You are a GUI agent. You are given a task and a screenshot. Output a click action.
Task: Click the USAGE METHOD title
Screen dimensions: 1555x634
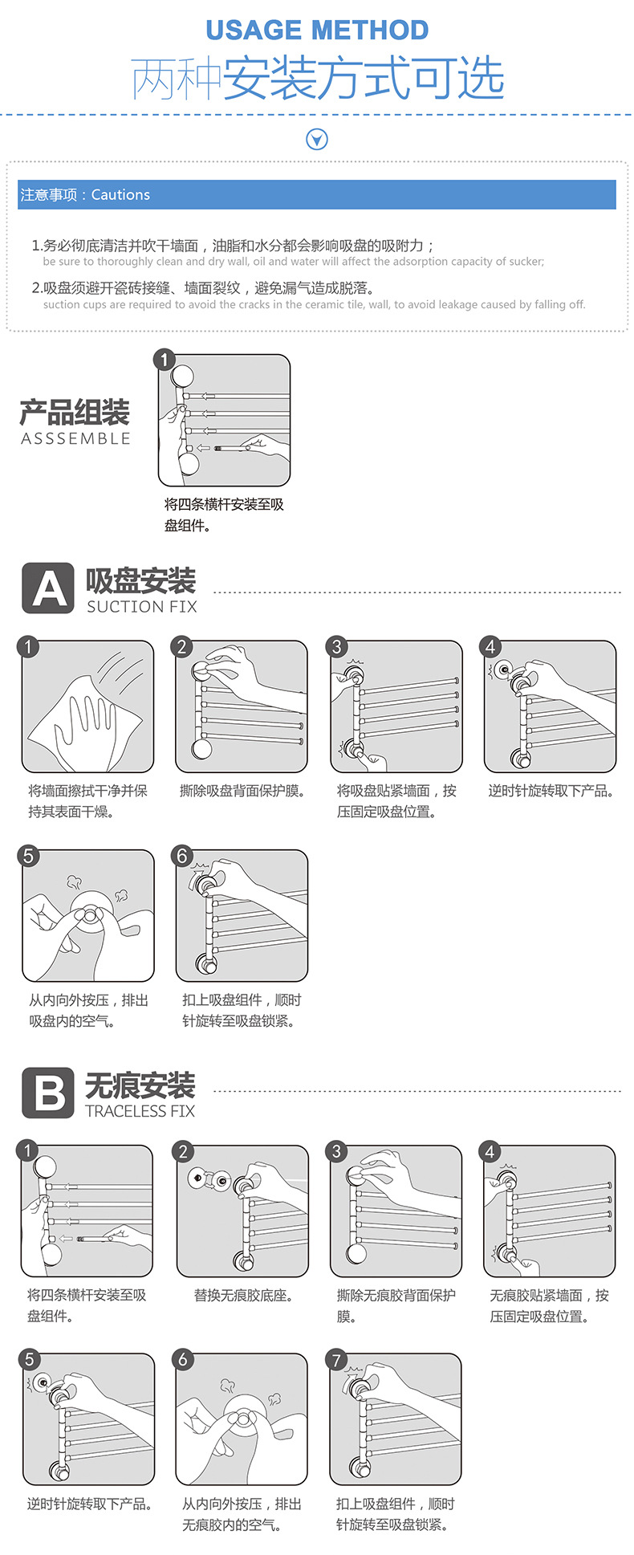[x=317, y=31]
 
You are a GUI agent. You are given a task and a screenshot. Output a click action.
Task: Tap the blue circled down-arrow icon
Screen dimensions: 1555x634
[x=317, y=140]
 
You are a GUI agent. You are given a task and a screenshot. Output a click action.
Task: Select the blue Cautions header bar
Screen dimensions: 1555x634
[x=317, y=195]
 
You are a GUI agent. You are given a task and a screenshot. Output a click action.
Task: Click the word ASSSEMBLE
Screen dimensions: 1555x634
[x=75, y=439]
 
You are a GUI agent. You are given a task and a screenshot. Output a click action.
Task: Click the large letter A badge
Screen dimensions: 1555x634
[x=48, y=588]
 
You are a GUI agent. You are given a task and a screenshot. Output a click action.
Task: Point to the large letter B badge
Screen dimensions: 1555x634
[x=48, y=1093]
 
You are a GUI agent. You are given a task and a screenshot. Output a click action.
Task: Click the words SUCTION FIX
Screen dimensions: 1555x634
[x=142, y=607]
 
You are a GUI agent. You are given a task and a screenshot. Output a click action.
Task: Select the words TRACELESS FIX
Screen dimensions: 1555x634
[x=140, y=1111]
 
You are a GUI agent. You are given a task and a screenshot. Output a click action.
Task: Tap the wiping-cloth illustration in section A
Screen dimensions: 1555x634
[x=87, y=706]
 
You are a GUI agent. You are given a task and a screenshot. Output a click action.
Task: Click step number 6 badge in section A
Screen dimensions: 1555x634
[x=182, y=856]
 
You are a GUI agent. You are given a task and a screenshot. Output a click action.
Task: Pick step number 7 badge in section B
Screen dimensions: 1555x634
[x=337, y=1360]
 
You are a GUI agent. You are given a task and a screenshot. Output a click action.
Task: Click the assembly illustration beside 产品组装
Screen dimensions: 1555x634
[x=224, y=421]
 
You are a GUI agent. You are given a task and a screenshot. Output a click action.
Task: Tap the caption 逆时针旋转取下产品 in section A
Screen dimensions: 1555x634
[x=551, y=792]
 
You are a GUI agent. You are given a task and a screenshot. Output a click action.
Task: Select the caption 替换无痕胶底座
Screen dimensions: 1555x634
[x=243, y=1296]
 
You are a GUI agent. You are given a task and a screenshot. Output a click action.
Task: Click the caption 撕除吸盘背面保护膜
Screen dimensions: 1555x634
[x=242, y=792]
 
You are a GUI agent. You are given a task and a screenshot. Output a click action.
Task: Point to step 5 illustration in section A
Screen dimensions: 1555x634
[x=87, y=916]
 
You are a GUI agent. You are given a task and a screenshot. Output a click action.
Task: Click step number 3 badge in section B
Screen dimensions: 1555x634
[x=337, y=1151]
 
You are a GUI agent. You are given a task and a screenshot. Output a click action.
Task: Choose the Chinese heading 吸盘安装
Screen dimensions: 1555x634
[x=140, y=580]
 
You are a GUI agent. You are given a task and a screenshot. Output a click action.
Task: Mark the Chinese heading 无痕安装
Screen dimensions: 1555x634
[x=140, y=1085]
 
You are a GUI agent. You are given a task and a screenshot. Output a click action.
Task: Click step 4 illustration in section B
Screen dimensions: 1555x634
[x=550, y=1211]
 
